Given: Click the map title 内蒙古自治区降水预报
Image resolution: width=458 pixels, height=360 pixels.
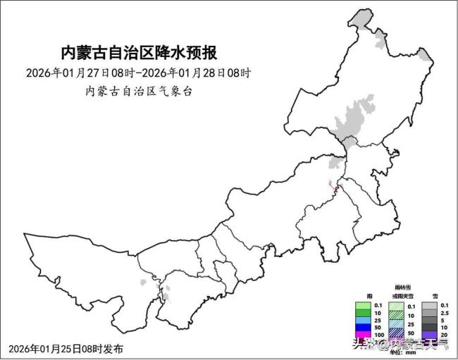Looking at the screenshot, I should point(138,52).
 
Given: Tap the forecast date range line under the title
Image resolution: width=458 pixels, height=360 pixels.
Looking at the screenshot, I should point(139,73).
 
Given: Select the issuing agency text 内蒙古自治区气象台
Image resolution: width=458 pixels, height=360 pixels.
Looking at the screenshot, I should point(139,91).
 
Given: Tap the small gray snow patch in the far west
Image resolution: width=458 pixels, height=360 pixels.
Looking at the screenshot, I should point(145,283).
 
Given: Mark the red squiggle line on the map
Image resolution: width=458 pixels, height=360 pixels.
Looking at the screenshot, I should point(333,186).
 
